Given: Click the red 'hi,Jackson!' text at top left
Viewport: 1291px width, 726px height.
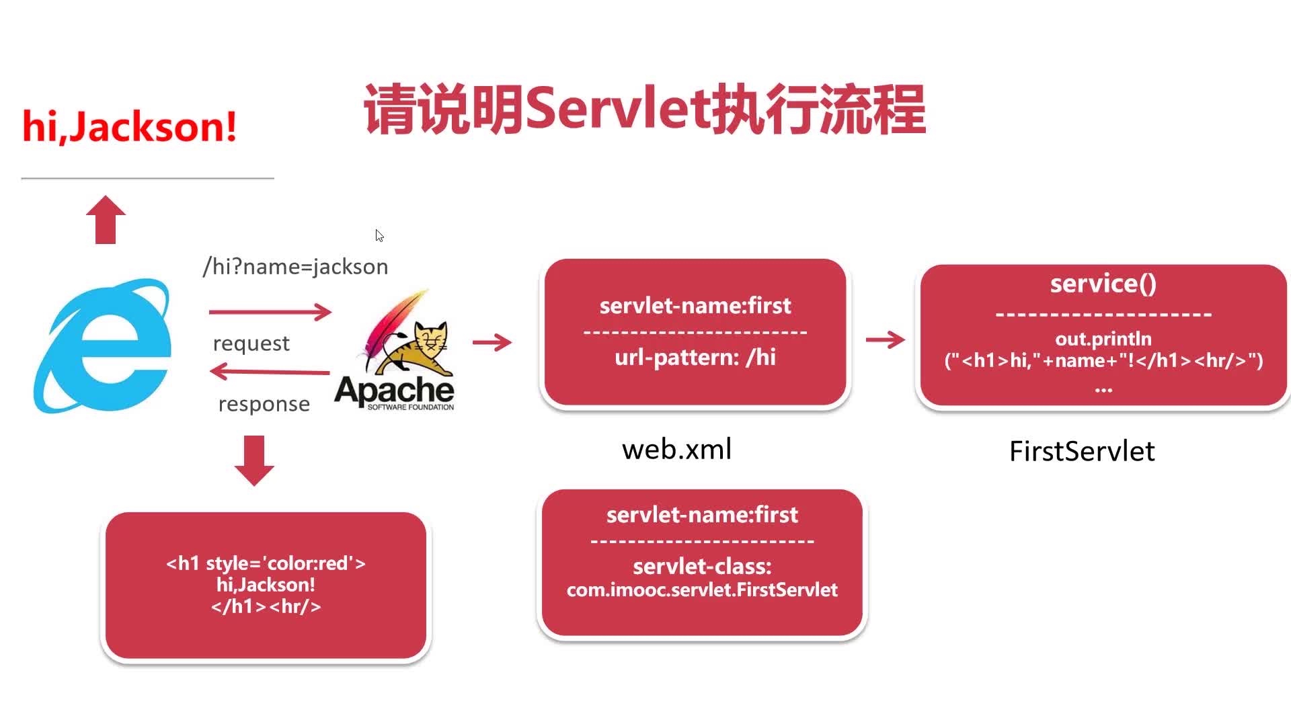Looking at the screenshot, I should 129,126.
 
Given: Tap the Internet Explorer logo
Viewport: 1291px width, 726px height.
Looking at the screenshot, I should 102,346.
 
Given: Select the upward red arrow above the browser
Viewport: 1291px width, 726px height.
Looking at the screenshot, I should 106,220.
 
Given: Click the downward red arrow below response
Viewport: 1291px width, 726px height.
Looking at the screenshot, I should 254,460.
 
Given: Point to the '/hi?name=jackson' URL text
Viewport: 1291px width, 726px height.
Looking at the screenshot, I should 295,267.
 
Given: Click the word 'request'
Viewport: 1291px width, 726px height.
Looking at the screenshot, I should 251,344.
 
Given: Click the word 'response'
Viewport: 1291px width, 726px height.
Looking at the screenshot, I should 264,404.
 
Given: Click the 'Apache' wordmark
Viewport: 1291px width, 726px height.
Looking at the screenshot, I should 394,389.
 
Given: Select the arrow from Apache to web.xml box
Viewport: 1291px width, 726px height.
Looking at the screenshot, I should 492,342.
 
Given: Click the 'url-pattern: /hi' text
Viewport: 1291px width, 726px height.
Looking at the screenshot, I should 695,357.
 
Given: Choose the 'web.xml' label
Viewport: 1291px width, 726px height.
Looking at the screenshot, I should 676,449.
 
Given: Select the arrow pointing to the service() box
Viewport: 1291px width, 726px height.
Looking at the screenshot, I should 885,339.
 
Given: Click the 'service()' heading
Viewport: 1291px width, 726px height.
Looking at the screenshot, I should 1103,284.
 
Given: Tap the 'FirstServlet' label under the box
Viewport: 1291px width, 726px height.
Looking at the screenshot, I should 1082,451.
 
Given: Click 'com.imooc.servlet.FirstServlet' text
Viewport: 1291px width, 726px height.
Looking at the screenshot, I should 702,590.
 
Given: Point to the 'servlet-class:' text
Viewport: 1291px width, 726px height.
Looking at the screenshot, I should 702,567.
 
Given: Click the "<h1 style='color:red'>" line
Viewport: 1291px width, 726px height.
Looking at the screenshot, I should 266,563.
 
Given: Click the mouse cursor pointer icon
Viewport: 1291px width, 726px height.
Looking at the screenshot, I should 379,235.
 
